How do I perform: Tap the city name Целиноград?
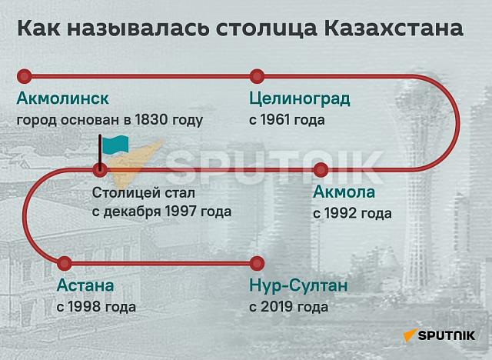point(300,98)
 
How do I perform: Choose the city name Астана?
point(85,286)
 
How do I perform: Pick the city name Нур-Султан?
point(299,286)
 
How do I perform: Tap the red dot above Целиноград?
point(257,75)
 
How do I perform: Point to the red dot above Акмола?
point(321,169)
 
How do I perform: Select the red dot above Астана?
point(65,263)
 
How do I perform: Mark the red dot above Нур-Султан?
point(257,263)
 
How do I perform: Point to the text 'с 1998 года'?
point(96,307)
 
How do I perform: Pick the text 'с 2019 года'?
point(289,307)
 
